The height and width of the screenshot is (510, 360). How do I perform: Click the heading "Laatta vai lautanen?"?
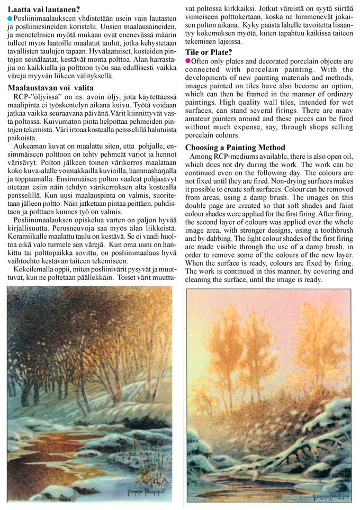(x=44, y=8)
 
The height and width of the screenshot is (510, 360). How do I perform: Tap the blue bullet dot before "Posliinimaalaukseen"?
(x=10, y=19)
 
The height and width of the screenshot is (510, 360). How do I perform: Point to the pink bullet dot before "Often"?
(x=188, y=61)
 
